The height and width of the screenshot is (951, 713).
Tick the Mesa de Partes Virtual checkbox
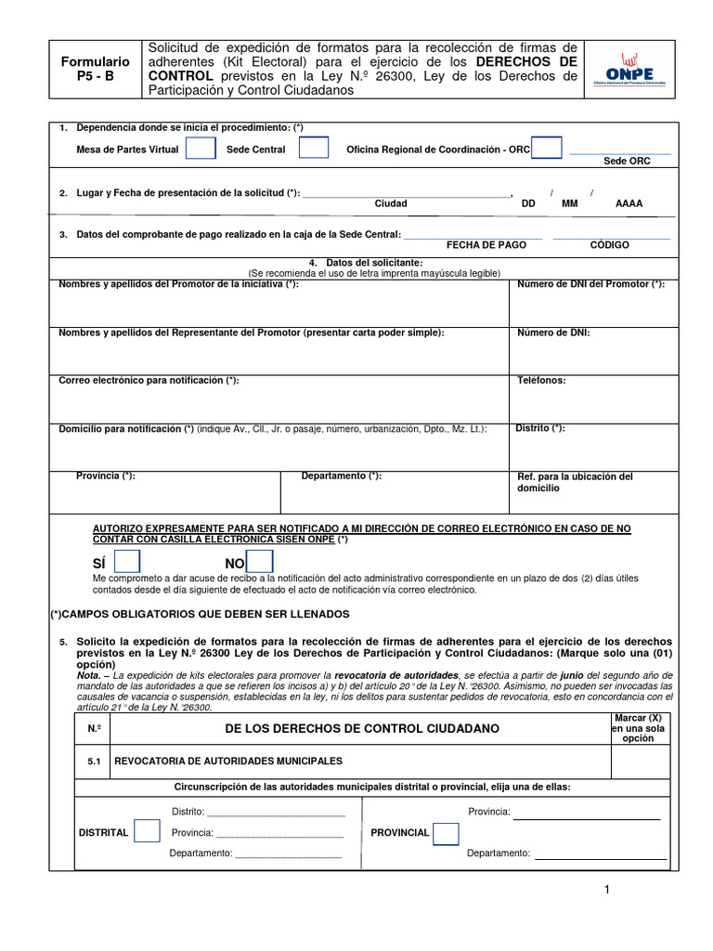point(200,149)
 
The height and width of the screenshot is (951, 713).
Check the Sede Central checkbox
point(314,149)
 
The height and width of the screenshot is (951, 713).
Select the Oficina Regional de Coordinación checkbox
point(547,149)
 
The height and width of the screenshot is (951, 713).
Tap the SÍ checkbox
point(126,563)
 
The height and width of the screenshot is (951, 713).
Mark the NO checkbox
point(260,563)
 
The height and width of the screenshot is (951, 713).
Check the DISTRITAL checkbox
point(147,832)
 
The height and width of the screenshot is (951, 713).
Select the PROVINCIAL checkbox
point(446,833)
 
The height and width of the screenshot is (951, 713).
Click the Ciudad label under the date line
point(390,203)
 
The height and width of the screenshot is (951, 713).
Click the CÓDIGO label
point(610,244)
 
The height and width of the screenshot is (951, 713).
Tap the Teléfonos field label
point(541,380)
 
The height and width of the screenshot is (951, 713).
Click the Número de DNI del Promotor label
point(590,283)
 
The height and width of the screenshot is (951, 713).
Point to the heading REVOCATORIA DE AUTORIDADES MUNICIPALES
point(227,761)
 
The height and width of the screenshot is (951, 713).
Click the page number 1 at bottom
point(606,890)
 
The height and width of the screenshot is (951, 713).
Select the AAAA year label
point(629,203)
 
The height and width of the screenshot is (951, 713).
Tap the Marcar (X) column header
point(638,728)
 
